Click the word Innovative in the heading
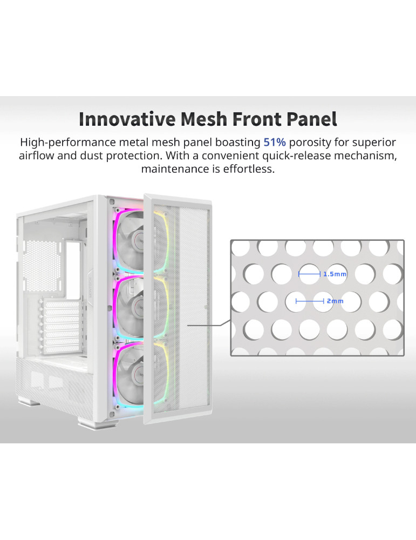tap(127, 119)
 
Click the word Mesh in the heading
tap(204, 119)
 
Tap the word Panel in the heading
tap(312, 119)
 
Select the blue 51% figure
tap(275, 142)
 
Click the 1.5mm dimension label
tap(335, 274)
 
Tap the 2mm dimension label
tap(335, 301)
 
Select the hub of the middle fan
tap(140, 307)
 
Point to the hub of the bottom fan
tap(140, 374)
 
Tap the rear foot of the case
tap(29, 401)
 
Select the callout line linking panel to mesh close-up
tap(209, 323)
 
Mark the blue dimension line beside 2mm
tap(310, 301)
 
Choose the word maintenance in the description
tap(175, 169)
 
